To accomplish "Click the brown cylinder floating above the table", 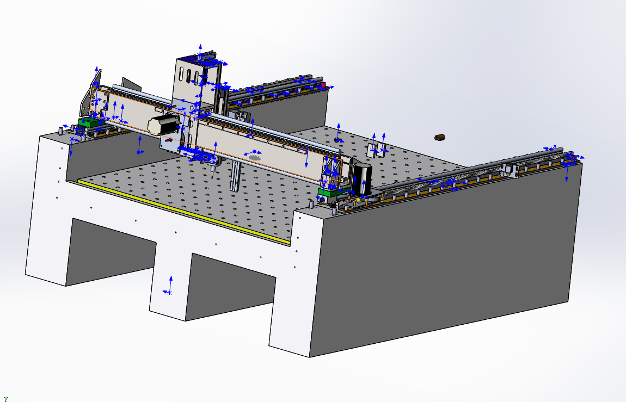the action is click(439, 138).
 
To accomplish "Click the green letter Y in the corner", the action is click(5, 399).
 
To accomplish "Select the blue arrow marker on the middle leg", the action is click(169, 286).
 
